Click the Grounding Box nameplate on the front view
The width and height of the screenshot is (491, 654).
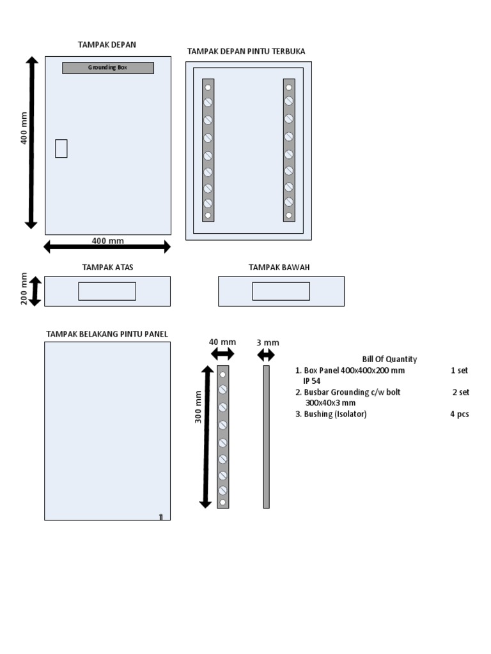(108, 68)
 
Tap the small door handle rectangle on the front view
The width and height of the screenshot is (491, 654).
(61, 148)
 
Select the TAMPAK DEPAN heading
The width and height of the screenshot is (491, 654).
(107, 45)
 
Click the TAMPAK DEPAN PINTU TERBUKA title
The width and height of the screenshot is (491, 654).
(245, 51)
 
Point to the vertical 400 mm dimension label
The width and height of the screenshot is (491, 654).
(24, 128)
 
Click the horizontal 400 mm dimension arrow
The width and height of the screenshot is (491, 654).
(107, 247)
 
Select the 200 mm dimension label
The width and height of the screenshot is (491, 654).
(24, 289)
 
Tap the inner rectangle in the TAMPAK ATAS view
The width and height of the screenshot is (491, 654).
(107, 291)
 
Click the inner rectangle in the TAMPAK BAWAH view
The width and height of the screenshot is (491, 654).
(281, 291)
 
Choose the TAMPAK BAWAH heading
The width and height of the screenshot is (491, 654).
(279, 267)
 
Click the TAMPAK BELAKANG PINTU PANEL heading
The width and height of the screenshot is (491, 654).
(107, 334)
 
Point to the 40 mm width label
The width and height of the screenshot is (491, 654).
(222, 342)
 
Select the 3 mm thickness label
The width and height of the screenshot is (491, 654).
(268, 342)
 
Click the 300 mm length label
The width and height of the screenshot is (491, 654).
(198, 406)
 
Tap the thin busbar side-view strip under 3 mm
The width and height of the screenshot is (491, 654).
(267, 437)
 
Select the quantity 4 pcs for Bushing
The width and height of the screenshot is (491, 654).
(459, 414)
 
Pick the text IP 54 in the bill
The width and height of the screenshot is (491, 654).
(312, 381)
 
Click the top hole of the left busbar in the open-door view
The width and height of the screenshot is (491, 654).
(208, 86)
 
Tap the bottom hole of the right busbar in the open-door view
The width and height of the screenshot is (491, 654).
(289, 215)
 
